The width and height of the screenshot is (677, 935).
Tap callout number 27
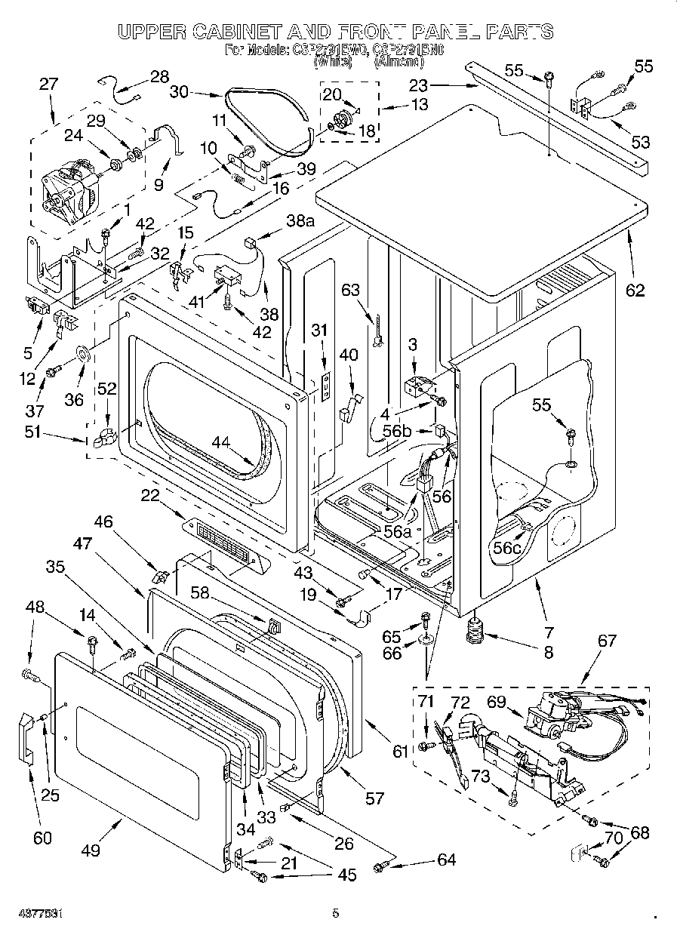click(x=49, y=85)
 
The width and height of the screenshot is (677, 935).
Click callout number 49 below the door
click(x=91, y=850)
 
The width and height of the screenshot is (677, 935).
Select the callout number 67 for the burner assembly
click(x=607, y=641)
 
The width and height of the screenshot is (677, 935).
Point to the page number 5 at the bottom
click(x=336, y=913)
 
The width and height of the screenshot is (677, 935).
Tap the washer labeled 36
click(x=83, y=352)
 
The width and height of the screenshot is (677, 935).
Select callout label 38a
click(x=299, y=221)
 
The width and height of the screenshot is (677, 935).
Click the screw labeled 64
click(x=382, y=867)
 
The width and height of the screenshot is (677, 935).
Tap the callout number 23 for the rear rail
click(x=418, y=85)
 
